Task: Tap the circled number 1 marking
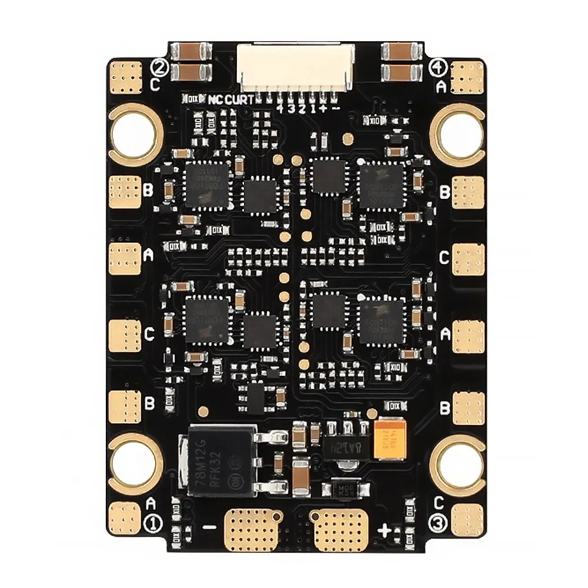(152, 522)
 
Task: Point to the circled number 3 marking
(438, 522)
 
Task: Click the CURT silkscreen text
(239, 100)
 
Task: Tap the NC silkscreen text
(216, 100)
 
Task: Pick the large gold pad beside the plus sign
(340, 526)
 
